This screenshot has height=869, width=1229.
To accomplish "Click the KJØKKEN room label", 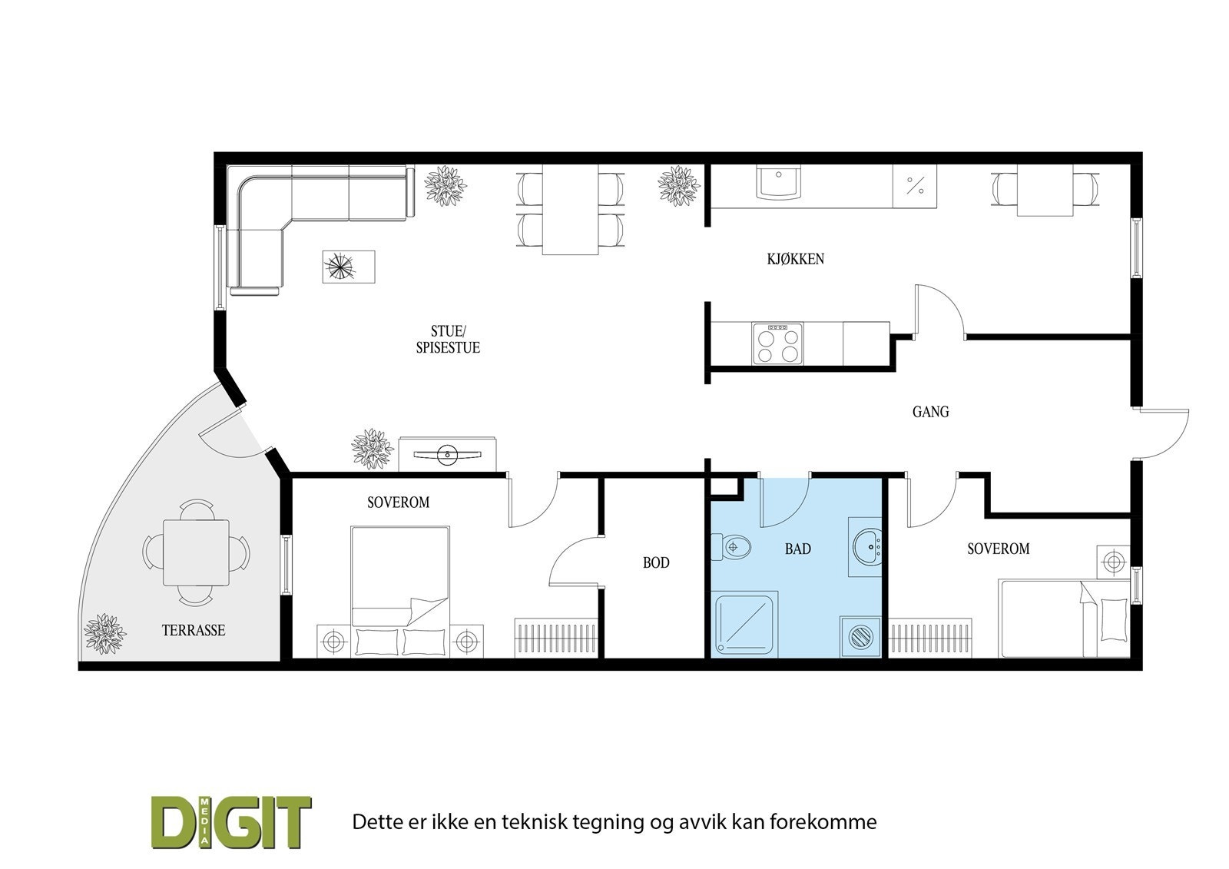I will pos(795,259).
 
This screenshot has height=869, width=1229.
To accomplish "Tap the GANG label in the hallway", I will pos(930,412).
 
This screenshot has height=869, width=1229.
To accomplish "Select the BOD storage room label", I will pos(655,563).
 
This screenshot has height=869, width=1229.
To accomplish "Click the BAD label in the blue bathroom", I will pos(797,549).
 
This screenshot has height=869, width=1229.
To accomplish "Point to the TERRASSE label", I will pos(194,631).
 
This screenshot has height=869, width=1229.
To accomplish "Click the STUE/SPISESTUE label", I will pos(448,340).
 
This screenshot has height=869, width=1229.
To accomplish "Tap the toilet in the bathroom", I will pos(732,548).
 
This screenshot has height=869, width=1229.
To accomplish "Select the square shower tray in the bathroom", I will pos(746,624).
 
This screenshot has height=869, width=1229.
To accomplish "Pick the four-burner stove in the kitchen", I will pos(777,343).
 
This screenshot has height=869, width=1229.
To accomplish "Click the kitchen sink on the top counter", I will pos(779,183).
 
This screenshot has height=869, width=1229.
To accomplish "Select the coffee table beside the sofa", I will pos(348,267).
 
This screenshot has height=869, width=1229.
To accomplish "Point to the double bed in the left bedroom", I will pos(399,592).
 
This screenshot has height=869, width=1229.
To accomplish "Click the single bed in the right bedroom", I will pos(1064,619).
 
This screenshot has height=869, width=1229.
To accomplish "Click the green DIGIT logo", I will pos(230,822).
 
